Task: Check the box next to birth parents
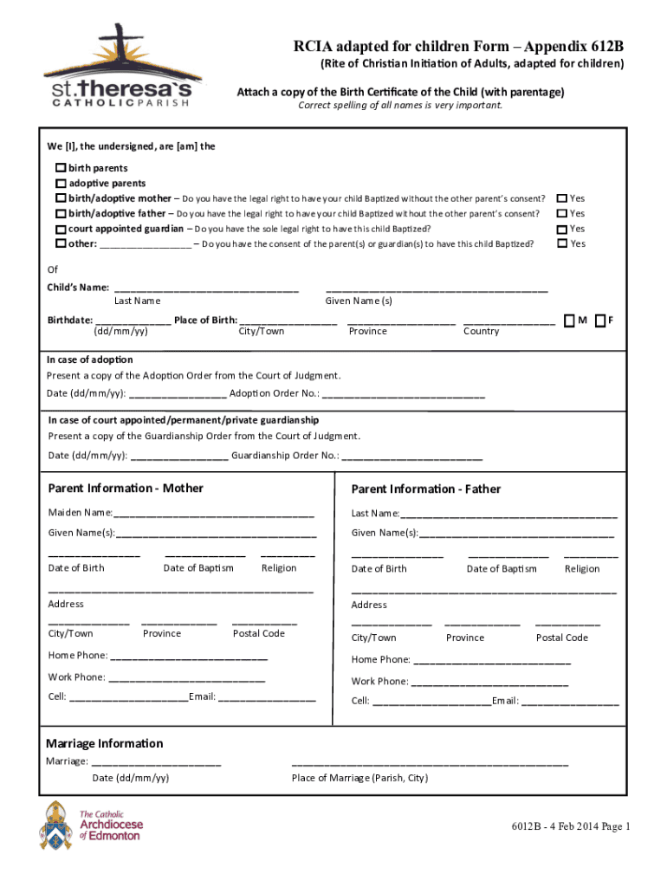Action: point(61,168)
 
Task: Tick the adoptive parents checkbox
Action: point(61,184)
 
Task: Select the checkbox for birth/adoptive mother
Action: point(61,198)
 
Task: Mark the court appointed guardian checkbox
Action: point(61,229)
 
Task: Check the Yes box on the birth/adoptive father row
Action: point(561,213)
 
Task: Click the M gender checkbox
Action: point(569,320)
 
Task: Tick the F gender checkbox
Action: point(599,320)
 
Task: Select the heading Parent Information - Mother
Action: point(126,489)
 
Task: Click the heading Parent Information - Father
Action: point(425,489)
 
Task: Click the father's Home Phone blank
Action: point(492,661)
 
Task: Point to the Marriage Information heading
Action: point(104,743)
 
